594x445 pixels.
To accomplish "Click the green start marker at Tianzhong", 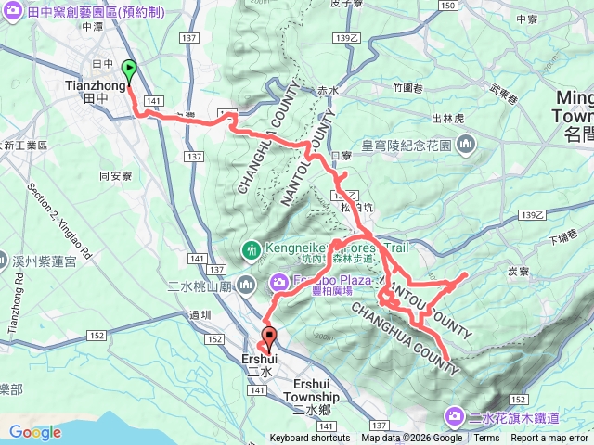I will pos(128,70).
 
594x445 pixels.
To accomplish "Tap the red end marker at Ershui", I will pos(270,337).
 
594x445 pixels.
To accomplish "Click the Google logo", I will pos(34,432).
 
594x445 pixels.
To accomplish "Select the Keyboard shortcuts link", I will pos(310,439).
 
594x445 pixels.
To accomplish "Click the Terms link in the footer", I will pos(486,439).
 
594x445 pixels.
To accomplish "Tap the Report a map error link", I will pos(553,439).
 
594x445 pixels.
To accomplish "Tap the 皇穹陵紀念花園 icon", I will pos(465,145).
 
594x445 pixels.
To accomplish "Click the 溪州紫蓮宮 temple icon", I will pos(6,261).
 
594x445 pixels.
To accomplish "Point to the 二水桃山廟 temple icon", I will pos(245,283).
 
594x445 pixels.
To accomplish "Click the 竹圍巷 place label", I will pos(407,87).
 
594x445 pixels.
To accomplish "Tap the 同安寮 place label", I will pos(116,174).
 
